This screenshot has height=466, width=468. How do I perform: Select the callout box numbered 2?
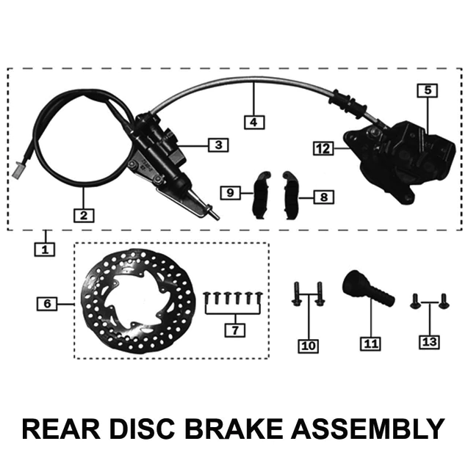tap(84, 215)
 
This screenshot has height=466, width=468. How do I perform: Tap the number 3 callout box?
tap(217, 145)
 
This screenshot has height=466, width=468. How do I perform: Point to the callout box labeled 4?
tap(253, 122)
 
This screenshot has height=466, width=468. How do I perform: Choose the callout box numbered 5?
tap(427, 91)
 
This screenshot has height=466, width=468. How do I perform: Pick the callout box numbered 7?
tap(234, 330)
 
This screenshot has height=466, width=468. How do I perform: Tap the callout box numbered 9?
tap(230, 192)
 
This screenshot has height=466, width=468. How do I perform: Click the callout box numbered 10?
tap(307, 344)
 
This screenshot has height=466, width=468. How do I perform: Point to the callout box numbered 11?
tap(370, 343)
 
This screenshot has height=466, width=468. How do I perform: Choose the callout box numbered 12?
tap(320, 148)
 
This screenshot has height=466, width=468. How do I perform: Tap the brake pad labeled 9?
tap(261, 194)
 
